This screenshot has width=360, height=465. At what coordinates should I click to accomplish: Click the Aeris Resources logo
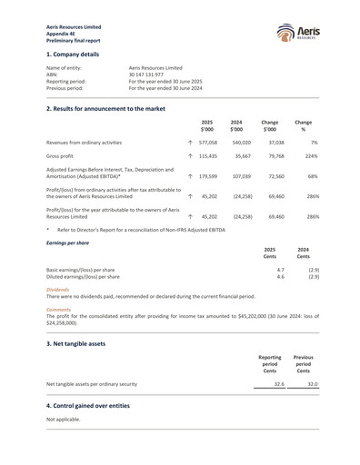click(x=299, y=35)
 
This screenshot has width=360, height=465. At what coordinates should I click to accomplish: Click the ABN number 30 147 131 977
click(x=152, y=74)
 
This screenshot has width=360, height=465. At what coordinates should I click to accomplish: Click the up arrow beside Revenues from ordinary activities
click(x=189, y=143)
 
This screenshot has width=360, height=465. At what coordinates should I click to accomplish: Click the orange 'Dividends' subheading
click(x=58, y=290)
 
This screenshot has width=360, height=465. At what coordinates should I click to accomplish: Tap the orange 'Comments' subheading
click(x=59, y=309)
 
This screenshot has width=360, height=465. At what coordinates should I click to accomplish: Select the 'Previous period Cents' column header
click(x=303, y=363)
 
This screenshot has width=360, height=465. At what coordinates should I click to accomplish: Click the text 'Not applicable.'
click(x=65, y=420)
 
